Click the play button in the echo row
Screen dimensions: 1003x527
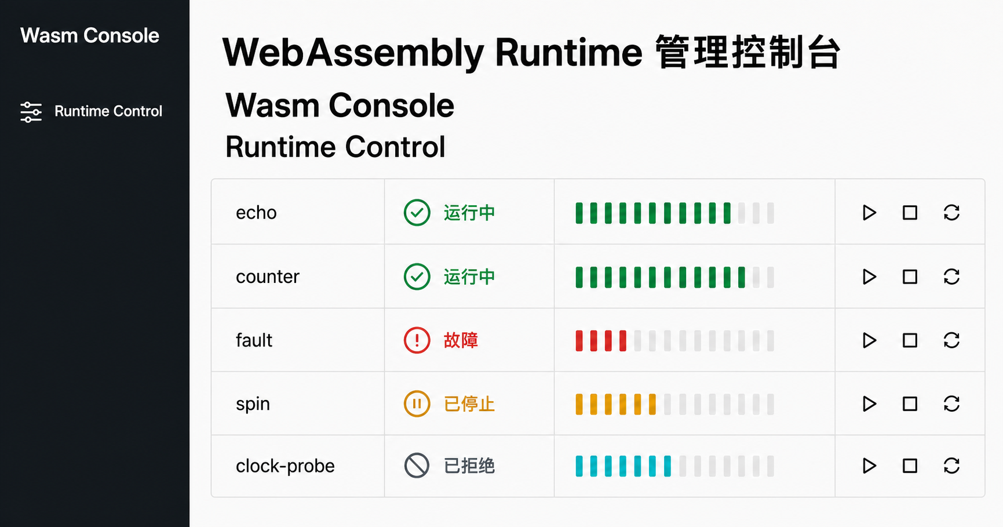click(x=869, y=213)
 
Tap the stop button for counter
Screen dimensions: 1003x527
click(x=910, y=277)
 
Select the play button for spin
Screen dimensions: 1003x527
click(x=869, y=404)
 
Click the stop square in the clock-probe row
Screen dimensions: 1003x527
click(x=910, y=466)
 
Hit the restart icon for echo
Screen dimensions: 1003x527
click(x=951, y=213)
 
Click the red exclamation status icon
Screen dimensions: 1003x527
click(x=417, y=340)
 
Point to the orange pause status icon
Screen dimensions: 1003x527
click(x=417, y=404)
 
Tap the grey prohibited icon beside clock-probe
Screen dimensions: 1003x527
click(x=417, y=466)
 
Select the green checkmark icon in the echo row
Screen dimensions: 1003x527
click(x=417, y=213)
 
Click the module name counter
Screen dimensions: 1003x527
click(x=268, y=277)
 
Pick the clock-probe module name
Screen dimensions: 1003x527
click(x=285, y=466)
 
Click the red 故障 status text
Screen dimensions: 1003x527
click(x=461, y=340)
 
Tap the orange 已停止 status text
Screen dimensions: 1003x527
click(x=469, y=404)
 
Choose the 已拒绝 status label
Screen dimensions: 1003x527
click(x=469, y=466)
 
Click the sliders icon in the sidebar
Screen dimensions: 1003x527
click(x=31, y=112)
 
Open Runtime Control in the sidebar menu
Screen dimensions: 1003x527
click(x=108, y=111)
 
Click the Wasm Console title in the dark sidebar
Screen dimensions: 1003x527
click(x=90, y=36)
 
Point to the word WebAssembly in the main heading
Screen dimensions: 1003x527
click(x=353, y=53)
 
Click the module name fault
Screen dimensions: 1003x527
click(x=254, y=340)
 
